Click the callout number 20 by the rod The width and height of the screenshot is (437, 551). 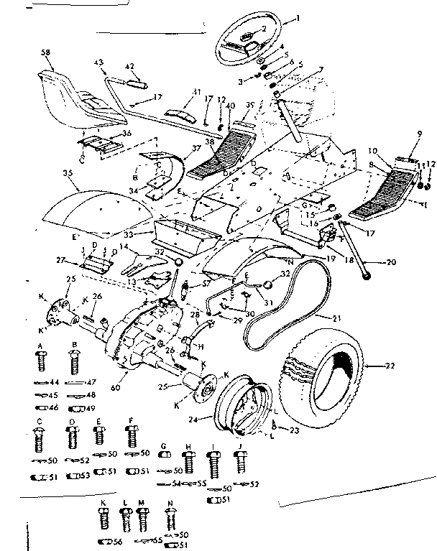tap(391, 262)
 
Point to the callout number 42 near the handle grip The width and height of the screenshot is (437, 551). tap(130, 66)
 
